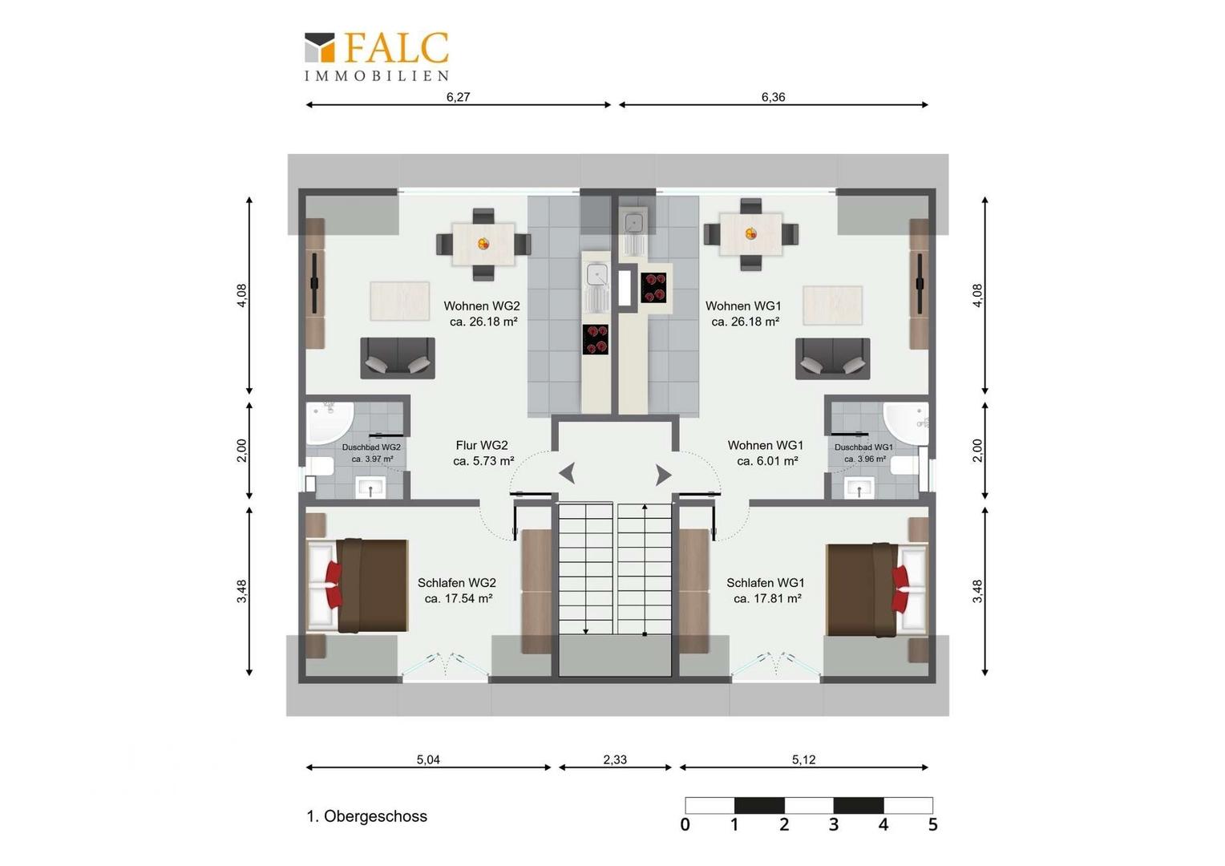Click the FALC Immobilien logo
377,57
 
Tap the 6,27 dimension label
459,97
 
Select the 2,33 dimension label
615,759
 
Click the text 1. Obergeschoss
367,816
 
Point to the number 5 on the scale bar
932,824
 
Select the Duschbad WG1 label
863,447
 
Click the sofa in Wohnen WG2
398,358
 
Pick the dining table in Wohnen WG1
751,234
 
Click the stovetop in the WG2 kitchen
596,339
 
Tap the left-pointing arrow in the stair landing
567,473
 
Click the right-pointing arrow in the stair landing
663,475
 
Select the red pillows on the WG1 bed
900,589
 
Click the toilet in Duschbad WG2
319,466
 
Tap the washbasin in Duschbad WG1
859,488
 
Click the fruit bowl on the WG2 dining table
483,244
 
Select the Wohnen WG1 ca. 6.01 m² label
766,453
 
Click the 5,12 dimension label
803,759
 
